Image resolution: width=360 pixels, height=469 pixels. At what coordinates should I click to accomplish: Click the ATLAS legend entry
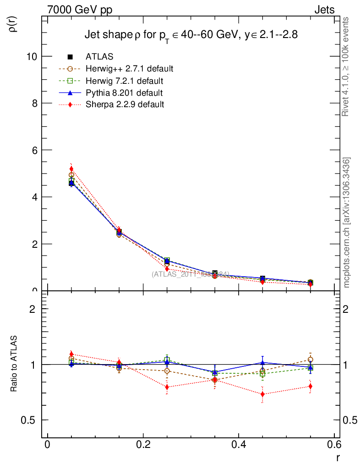coord(99,57)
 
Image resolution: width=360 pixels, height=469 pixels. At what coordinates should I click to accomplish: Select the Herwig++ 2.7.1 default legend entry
coord(129,69)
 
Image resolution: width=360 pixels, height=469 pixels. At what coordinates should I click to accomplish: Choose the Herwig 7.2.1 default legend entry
coord(125,81)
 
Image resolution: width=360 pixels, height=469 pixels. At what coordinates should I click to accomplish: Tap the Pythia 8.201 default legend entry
coord(124,93)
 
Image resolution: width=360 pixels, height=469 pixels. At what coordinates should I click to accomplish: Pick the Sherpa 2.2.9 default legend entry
coord(125,104)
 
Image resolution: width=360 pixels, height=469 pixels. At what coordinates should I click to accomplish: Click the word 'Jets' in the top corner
coord(324,10)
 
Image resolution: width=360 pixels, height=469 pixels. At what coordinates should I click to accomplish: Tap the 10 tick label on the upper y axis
coord(32,56)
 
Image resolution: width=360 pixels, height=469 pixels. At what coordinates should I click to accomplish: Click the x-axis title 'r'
coord(338,457)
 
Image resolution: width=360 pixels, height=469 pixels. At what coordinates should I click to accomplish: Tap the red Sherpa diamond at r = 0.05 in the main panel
coord(71,169)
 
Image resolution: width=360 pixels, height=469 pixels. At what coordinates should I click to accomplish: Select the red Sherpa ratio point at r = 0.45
coord(262,394)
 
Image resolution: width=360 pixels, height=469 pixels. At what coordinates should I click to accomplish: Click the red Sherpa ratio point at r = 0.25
coord(167,387)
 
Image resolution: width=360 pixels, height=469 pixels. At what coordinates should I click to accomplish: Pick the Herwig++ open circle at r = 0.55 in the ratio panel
coord(311,360)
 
